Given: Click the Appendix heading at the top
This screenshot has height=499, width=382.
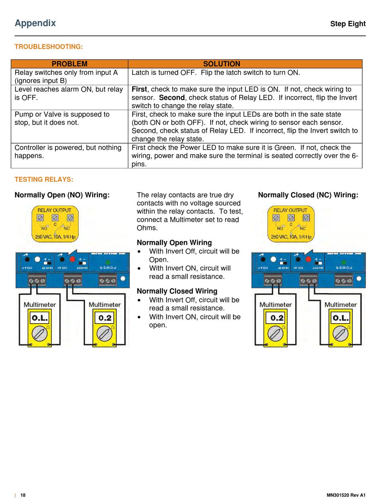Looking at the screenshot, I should tap(35, 23).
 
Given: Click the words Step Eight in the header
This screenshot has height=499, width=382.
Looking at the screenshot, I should tap(348, 24).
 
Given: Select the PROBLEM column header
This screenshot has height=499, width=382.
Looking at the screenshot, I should tap(70, 64).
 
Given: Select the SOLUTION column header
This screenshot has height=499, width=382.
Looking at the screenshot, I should tap(222, 64).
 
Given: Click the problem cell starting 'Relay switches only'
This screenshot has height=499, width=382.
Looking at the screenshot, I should tap(66, 76).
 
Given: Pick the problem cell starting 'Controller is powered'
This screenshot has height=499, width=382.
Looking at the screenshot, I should tap(68, 152).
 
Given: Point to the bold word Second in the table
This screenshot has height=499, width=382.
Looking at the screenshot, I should tap(172, 98).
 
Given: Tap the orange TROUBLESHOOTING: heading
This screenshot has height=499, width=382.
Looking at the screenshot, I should tap(49, 47).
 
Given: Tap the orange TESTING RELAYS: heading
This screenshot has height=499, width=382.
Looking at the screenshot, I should tap(44, 179).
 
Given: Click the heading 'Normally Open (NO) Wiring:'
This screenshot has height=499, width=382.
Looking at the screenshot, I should tap(62, 195).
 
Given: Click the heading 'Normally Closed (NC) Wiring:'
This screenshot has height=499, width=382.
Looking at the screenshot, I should tap(308, 195).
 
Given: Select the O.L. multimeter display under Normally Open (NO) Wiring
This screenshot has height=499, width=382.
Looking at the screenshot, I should tap(39, 318).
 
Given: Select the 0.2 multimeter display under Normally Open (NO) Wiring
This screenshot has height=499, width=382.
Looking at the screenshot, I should tap(105, 318).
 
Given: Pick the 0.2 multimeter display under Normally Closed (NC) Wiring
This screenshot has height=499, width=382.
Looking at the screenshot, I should tap(277, 318).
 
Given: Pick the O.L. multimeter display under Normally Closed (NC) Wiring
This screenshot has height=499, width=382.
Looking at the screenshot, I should tap(341, 318).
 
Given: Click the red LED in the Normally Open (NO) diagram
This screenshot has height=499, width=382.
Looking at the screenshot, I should tap(72, 259).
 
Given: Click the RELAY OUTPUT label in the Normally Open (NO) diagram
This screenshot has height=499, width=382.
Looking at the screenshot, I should tap(54, 210).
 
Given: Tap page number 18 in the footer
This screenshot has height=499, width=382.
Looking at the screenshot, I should tap(23, 495).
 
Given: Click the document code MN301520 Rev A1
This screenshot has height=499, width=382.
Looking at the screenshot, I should tap(346, 495).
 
